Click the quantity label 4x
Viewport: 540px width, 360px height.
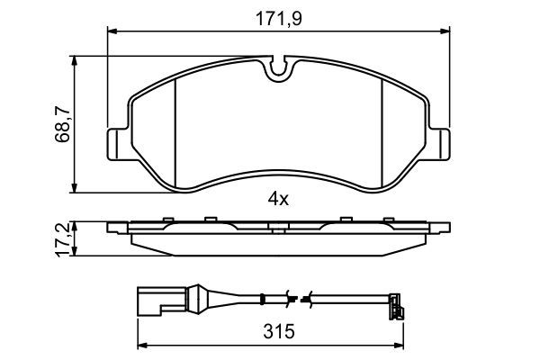point(277,199)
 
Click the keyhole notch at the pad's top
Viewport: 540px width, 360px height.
point(278,67)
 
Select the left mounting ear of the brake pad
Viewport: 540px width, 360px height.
point(117,143)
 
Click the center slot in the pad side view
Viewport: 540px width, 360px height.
point(278,226)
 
